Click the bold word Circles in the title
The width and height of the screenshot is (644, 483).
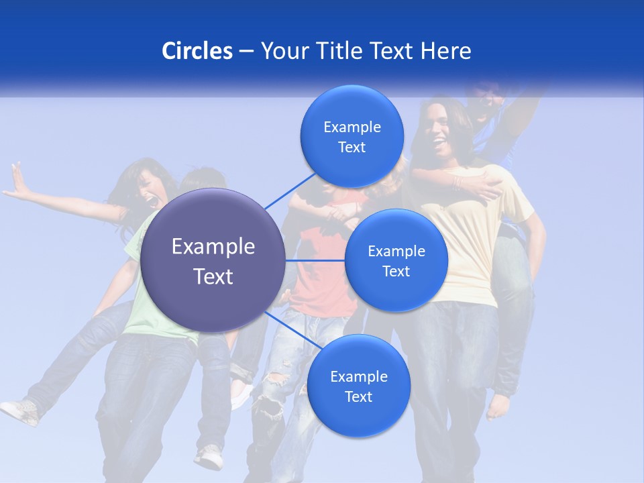coord(197,51)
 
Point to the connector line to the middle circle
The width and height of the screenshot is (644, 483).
coord(315,260)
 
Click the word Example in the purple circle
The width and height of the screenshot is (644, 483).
coord(213,247)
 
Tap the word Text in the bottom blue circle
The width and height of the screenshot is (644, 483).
coord(358,396)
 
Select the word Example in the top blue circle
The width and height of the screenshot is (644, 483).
coord(352,127)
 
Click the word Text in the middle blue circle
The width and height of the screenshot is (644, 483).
coord(396,271)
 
